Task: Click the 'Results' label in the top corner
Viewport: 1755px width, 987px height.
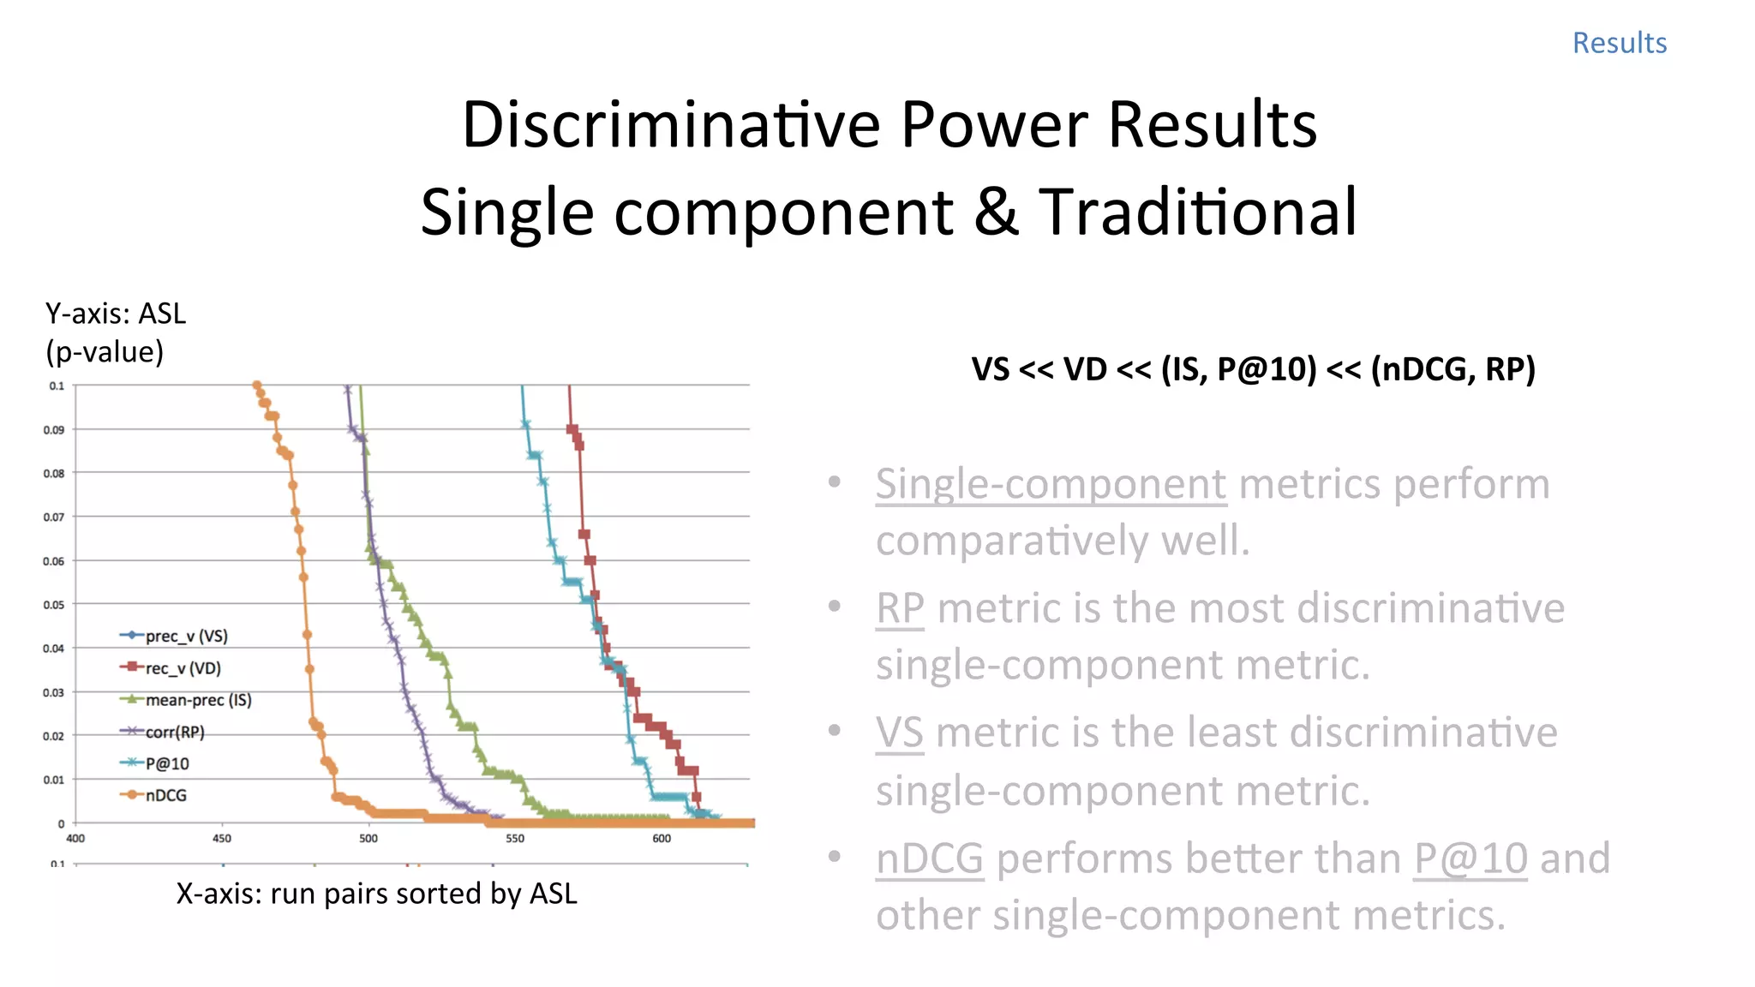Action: (1619, 43)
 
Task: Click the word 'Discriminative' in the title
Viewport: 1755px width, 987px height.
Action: (670, 125)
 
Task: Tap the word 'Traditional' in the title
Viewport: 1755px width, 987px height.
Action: (1197, 212)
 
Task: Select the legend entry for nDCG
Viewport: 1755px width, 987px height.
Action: (165, 795)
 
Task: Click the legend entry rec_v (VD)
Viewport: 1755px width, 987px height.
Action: (183, 667)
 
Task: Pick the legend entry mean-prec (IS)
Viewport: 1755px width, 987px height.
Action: (198, 700)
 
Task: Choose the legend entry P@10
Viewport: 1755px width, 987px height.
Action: (167, 763)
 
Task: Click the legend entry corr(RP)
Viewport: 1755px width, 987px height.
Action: (175, 732)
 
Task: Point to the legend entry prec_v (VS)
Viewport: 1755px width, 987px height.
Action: (186, 636)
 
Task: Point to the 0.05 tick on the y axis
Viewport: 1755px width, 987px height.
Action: (53, 605)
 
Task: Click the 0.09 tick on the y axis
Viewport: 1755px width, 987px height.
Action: (53, 429)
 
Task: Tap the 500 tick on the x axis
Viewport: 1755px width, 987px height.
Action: (368, 838)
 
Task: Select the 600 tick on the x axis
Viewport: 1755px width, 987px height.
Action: (662, 838)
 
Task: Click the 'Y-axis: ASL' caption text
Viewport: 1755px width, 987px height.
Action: (116, 314)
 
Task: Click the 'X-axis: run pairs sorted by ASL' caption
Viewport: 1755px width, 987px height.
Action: (376, 894)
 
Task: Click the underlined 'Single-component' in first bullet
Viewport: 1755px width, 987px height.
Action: (1051, 484)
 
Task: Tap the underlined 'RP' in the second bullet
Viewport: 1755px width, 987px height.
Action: (900, 608)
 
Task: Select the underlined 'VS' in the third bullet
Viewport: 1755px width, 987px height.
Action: (899, 733)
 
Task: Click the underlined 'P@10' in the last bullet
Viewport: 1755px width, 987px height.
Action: (1470, 858)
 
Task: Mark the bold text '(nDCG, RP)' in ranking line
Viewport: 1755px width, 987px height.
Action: (1453, 369)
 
